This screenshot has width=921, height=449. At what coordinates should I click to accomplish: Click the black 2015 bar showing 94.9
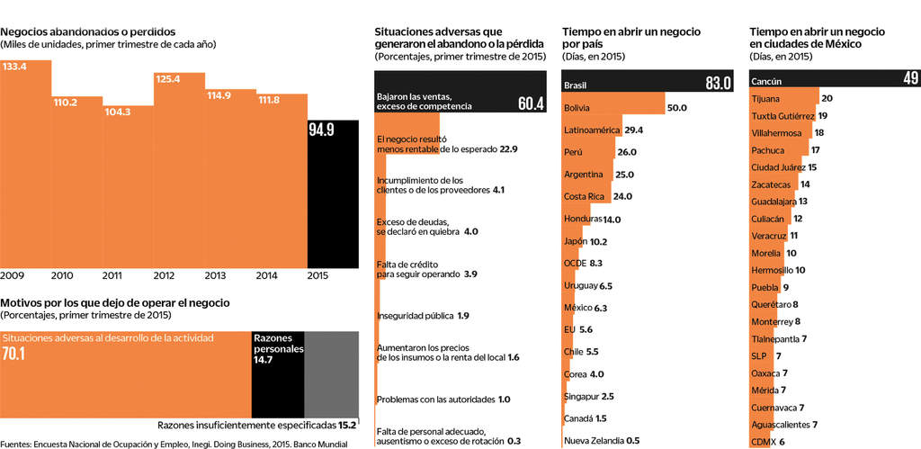[x=334, y=193]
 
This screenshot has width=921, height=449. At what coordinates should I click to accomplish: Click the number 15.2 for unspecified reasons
[x=347, y=424]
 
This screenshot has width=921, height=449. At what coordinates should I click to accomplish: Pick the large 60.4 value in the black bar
[x=531, y=103]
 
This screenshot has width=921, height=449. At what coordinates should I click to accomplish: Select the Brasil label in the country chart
[x=576, y=85]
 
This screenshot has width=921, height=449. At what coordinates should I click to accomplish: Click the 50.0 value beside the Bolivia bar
[x=677, y=108]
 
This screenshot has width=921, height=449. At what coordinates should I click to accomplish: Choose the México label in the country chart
[x=577, y=308]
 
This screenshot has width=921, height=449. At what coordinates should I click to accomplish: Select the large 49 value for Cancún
[x=910, y=79]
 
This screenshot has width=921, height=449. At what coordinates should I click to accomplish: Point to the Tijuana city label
[x=765, y=98]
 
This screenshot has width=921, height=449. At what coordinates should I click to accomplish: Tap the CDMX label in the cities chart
[x=764, y=441]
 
